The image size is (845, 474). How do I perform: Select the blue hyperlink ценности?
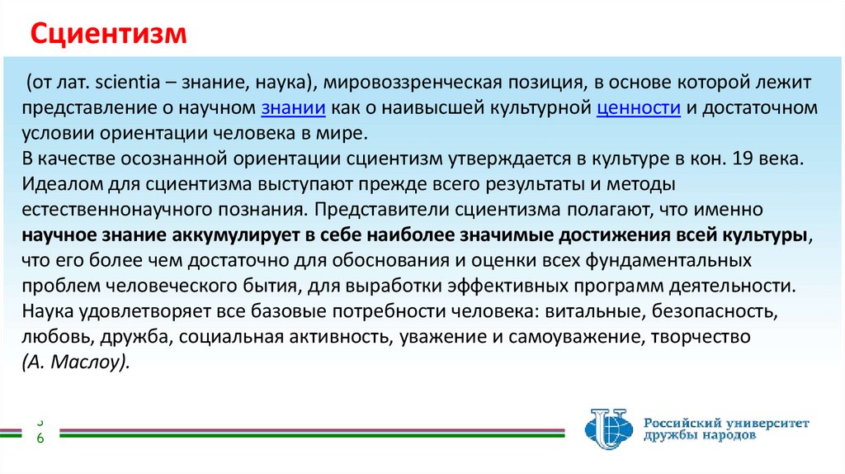(x=638, y=109)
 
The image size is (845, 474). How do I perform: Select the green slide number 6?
(x=40, y=438)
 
